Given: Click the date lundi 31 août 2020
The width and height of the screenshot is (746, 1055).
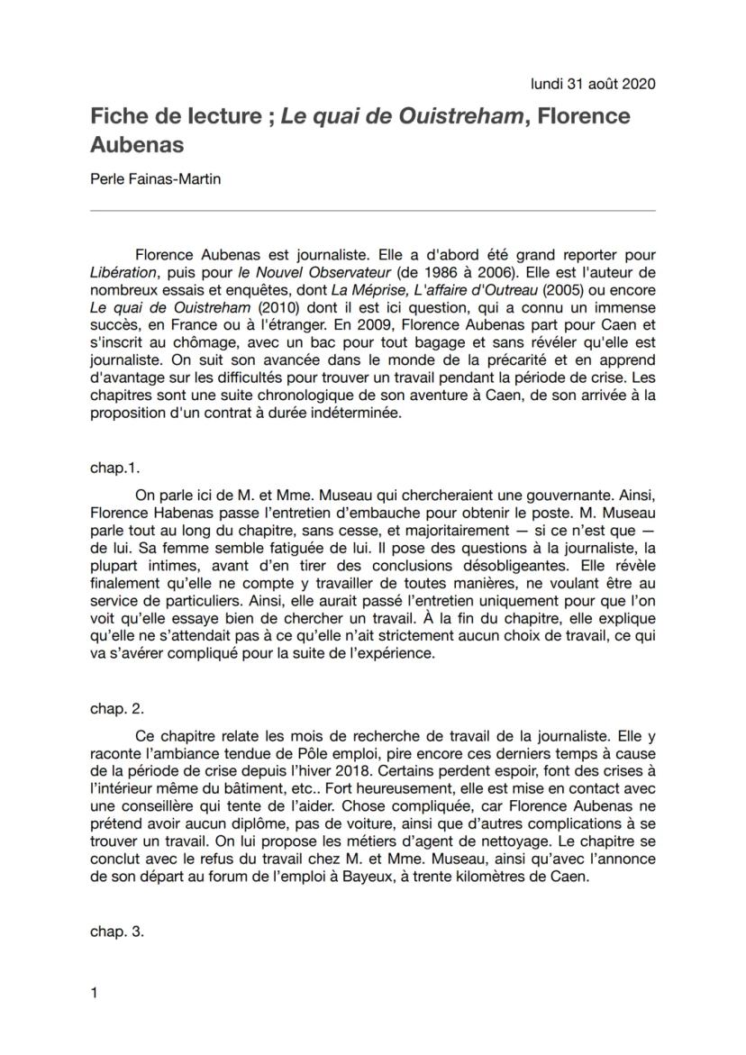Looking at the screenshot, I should (x=593, y=84).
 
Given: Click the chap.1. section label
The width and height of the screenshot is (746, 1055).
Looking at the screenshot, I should (x=114, y=468).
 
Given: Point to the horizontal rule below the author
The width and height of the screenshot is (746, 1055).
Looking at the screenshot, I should (x=373, y=211).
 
